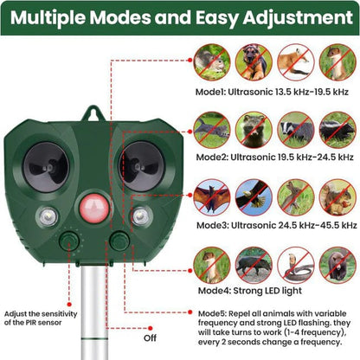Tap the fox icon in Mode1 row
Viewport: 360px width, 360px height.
(295, 61)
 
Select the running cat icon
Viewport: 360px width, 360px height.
(336, 61)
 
